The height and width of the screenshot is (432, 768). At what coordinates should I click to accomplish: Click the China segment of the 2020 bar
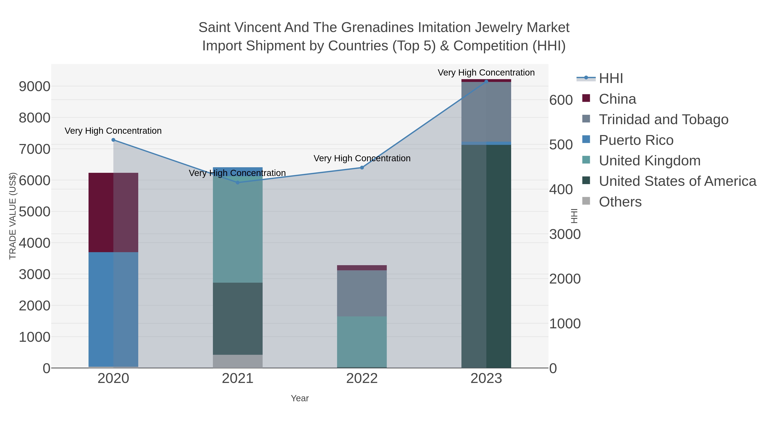(113, 212)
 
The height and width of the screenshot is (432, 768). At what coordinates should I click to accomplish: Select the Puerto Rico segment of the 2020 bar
(113, 309)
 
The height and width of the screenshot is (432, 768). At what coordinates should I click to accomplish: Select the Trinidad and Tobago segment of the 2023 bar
(486, 112)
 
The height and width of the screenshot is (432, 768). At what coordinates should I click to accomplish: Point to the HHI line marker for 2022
(362, 167)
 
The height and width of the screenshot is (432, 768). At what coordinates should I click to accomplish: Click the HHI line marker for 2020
(113, 140)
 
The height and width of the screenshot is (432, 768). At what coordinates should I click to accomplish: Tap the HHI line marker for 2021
(238, 182)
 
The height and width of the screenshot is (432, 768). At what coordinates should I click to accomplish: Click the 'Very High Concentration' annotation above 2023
(486, 73)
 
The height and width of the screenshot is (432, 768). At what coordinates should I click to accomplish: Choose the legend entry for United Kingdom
(649, 161)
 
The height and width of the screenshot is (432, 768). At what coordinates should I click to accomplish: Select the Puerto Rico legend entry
(636, 140)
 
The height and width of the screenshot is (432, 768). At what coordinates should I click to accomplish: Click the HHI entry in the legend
(611, 79)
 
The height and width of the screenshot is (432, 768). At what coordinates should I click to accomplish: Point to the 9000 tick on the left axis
(34, 86)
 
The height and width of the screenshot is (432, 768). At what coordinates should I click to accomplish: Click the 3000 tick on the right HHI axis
(565, 234)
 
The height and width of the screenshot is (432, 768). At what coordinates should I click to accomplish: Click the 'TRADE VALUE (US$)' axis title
(13, 216)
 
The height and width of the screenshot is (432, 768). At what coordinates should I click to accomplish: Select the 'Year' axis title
(300, 398)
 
